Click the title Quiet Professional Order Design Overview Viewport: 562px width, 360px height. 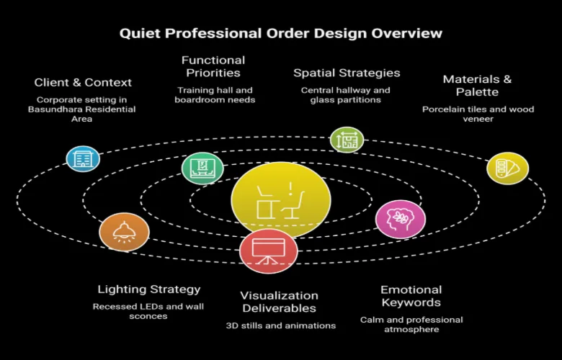[x=280, y=33]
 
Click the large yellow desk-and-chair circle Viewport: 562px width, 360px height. [x=281, y=201]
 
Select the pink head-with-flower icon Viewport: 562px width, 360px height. [x=401, y=219]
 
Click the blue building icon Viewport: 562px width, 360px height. [x=83, y=158]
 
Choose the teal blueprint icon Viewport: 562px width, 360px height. [x=202, y=169]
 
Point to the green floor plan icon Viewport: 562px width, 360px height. [x=347, y=140]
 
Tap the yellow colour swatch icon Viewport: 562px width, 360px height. [x=507, y=168]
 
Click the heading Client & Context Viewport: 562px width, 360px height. [x=82, y=83]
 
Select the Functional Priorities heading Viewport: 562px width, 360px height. [x=213, y=66]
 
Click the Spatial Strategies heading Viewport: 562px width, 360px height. [x=347, y=73]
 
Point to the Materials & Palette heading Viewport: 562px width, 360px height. [x=478, y=86]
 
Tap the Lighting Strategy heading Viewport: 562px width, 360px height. [x=149, y=289]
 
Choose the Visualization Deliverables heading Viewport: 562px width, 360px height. [x=279, y=302]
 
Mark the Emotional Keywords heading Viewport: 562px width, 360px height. [x=411, y=296]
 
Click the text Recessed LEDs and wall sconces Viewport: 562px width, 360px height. [x=148, y=311]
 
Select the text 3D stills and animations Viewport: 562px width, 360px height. [x=279, y=325]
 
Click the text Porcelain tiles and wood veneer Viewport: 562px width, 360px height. [x=478, y=114]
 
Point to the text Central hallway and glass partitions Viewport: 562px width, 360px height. [x=346, y=95]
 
